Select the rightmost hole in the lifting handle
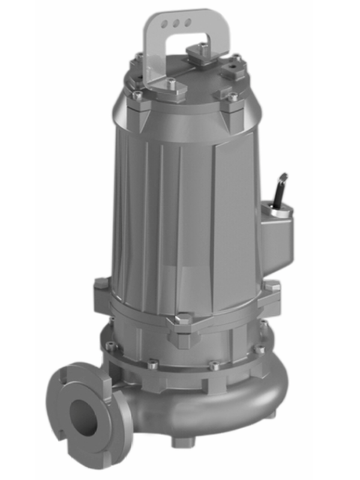coord(187,22)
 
